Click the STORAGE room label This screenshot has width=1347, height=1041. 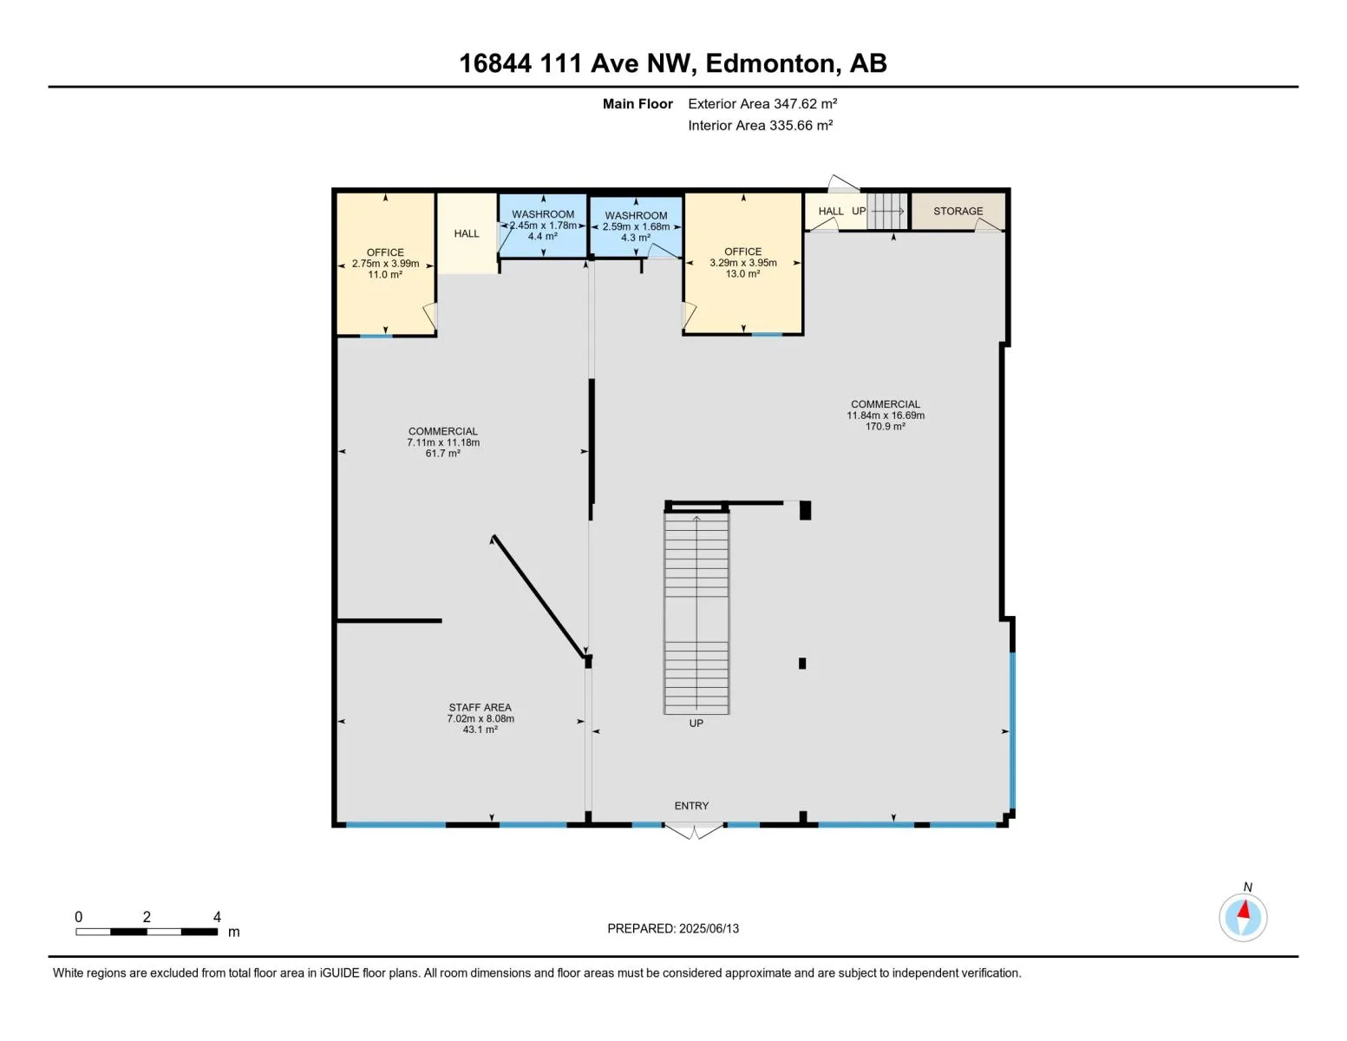click(958, 211)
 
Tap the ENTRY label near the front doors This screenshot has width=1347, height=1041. click(691, 806)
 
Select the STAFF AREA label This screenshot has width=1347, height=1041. click(480, 707)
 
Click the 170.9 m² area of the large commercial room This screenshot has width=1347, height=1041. click(885, 427)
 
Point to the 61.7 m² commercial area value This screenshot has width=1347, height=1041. click(442, 454)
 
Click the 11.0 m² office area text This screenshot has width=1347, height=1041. click(385, 275)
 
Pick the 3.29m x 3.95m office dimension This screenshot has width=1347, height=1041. click(743, 263)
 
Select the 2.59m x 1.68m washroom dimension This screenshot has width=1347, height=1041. click(636, 226)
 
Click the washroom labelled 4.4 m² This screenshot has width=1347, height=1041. click(543, 225)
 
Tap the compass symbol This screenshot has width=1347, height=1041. click(1243, 917)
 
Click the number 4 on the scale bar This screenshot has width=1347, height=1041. click(217, 917)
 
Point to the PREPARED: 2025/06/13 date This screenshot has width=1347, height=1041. click(673, 928)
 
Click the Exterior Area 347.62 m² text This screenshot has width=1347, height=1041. click(762, 103)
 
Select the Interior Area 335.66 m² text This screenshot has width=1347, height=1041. click(760, 125)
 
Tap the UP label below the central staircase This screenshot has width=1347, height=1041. click(696, 723)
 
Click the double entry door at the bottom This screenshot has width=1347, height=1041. click(693, 831)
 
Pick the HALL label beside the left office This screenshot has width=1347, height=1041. click(467, 233)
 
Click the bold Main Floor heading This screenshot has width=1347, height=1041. click(638, 104)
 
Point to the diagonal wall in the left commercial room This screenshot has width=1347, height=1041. click(539, 598)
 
